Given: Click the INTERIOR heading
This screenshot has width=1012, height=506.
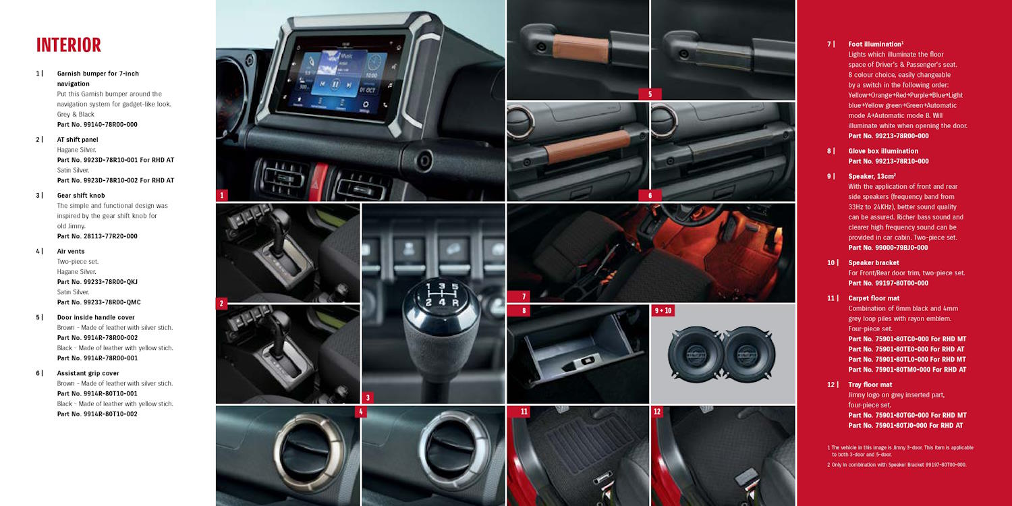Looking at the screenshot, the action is pos(69,45).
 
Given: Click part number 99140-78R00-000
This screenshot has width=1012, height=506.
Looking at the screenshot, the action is pos(110,125).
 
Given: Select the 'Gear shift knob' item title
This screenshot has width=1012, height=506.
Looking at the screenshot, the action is pos(81,196).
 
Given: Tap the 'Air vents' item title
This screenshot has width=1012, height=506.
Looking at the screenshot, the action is pos(70,252).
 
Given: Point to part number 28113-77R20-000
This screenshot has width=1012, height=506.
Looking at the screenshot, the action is pos(110,236).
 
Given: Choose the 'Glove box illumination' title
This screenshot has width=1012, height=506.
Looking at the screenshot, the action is pos(883,151).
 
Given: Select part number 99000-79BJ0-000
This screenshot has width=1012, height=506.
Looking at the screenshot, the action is pos(901,248).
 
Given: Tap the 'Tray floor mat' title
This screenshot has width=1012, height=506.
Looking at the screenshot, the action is pos(870,385).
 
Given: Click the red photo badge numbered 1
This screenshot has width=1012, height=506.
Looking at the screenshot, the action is pos(221,195).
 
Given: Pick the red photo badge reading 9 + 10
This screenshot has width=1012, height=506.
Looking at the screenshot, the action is pos(663,310).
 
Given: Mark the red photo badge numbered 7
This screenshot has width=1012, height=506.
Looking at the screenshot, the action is pos(524,296).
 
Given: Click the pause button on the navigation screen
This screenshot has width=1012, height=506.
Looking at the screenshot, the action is pos(335,84).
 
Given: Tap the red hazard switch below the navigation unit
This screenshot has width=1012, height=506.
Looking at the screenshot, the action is pos(318,181).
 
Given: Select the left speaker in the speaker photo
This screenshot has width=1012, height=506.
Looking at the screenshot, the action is pos(696,354).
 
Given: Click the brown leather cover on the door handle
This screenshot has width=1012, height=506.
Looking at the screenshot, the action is pos(581,49).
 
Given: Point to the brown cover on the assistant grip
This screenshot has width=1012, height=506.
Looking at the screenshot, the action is pos(588,147).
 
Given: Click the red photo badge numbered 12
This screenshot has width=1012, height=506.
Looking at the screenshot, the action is pos(657,412).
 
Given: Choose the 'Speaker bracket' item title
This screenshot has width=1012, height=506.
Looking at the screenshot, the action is pos(873,262).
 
